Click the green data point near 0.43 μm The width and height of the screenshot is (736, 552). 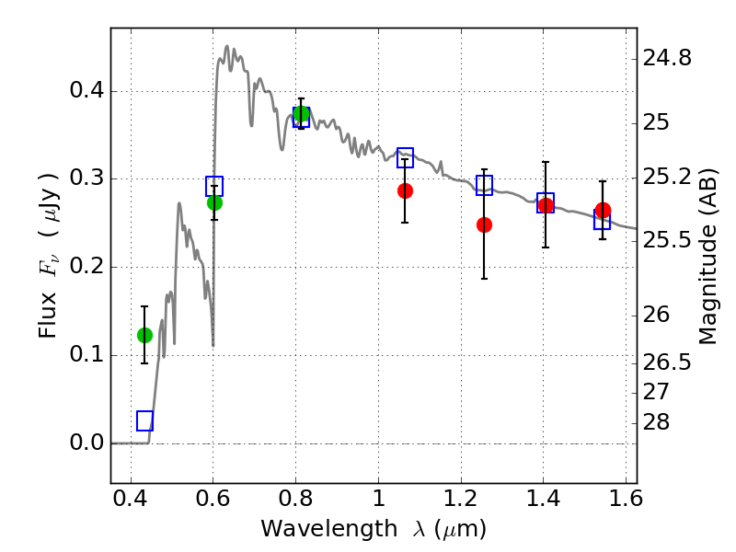point(144,335)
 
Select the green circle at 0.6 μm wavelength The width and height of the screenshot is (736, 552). point(214,202)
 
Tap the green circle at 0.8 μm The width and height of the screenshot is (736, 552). point(302,113)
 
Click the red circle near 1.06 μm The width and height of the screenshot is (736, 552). point(405,191)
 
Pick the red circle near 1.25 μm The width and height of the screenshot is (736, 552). point(485,225)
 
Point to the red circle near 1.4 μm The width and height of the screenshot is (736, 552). point(546,205)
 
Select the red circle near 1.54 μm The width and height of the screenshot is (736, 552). point(604,211)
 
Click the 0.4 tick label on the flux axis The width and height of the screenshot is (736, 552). point(86,89)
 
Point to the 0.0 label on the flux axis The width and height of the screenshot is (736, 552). point(86,443)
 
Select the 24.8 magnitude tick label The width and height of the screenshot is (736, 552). point(667,58)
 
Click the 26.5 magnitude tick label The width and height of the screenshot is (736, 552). point(667,362)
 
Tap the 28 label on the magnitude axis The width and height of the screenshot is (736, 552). point(656,422)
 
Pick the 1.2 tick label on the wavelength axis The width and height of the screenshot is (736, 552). point(461,499)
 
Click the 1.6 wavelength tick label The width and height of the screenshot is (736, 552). point(626,499)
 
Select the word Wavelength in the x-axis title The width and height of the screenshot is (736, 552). point(329,529)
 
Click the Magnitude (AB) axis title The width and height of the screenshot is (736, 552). point(708,257)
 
